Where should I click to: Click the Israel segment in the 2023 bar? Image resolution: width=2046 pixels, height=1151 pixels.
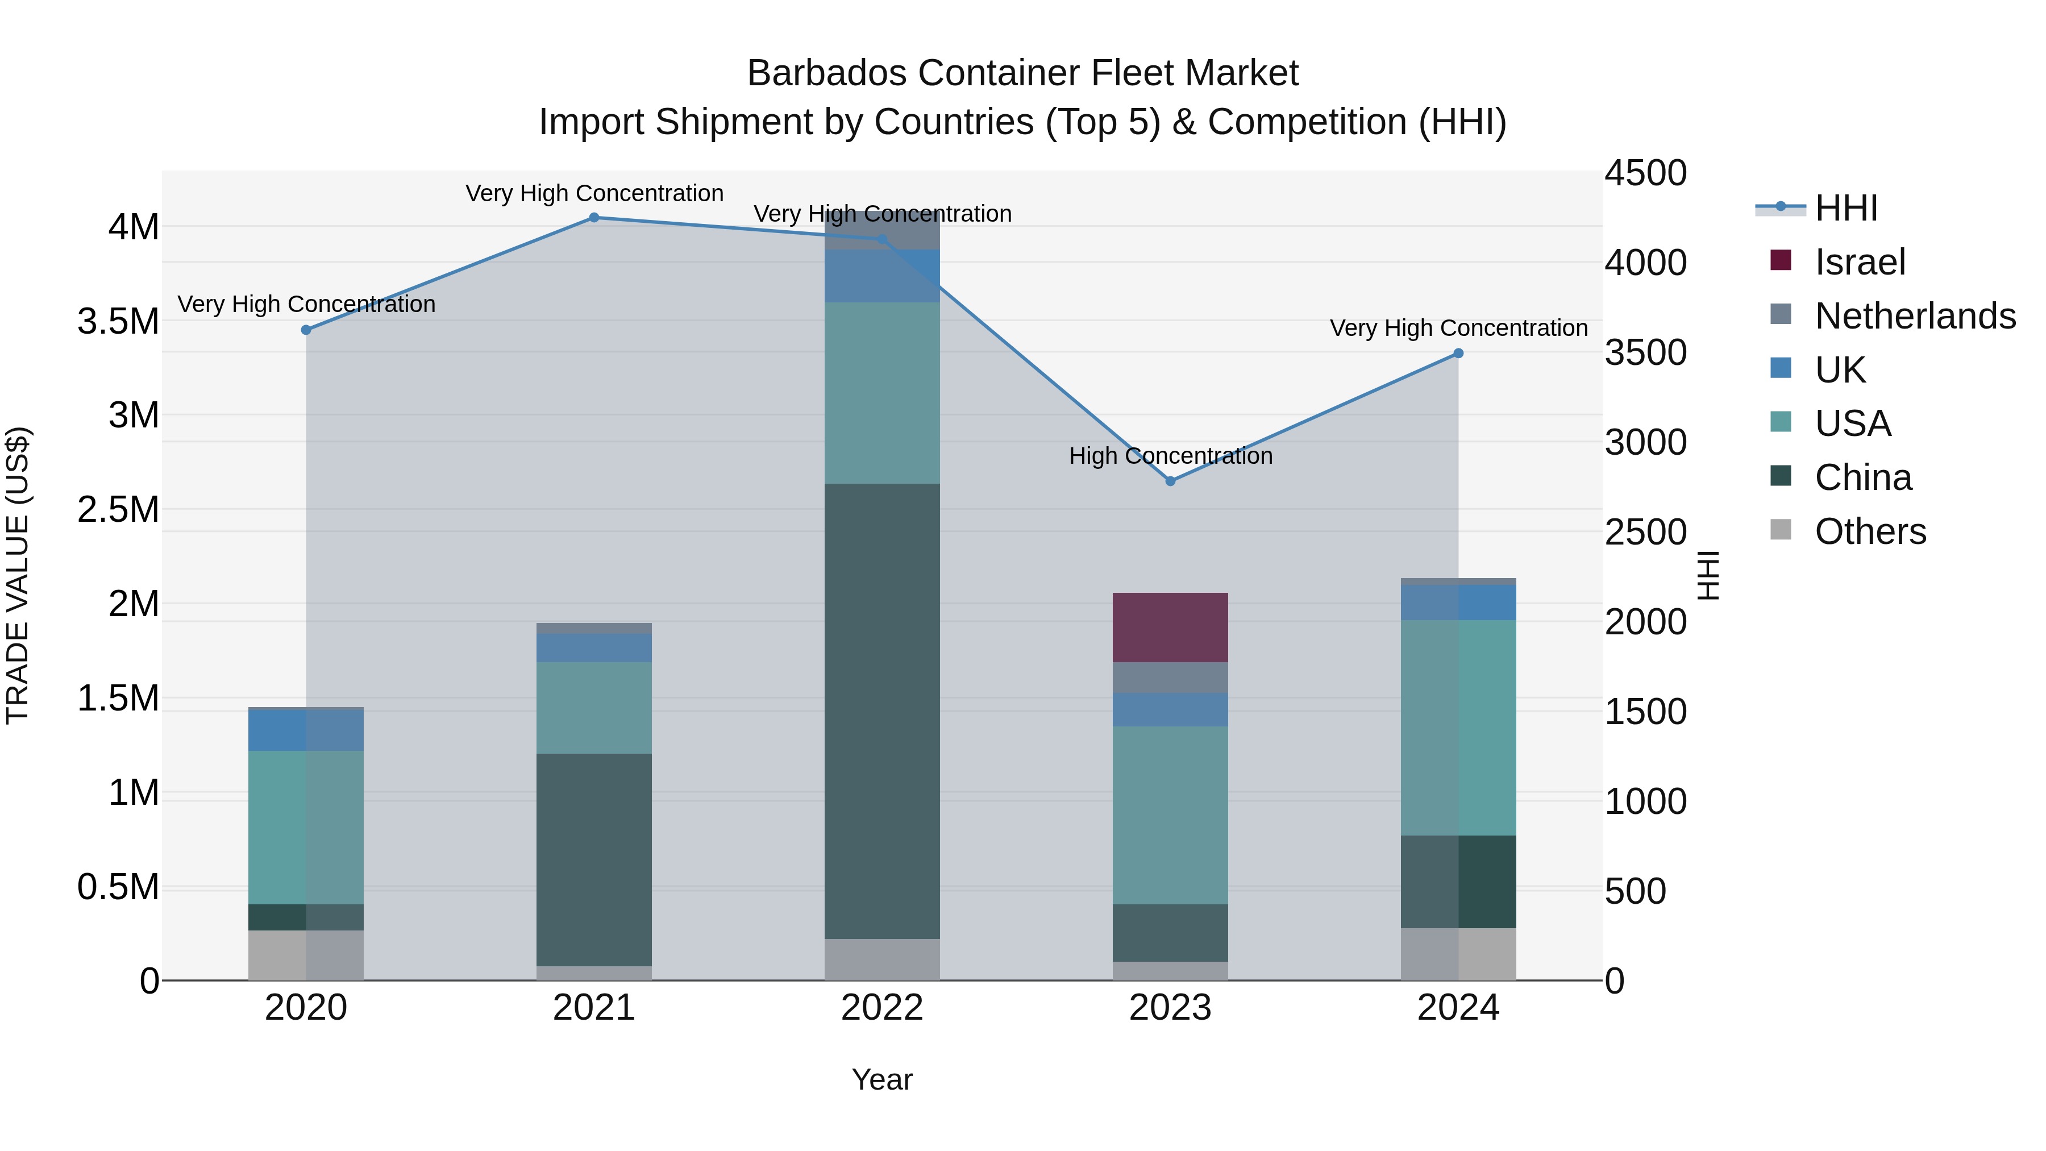pyautogui.click(x=1170, y=627)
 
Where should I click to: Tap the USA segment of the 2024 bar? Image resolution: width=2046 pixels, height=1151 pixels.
pyautogui.click(x=1458, y=727)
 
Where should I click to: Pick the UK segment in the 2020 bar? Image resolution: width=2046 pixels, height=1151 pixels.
pyautogui.click(x=306, y=730)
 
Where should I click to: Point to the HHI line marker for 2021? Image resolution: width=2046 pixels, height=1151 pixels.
pyautogui.click(x=594, y=218)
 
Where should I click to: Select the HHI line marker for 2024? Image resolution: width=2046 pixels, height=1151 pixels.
pyautogui.click(x=1458, y=354)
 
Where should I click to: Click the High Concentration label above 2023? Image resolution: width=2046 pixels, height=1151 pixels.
pyautogui.click(x=1170, y=456)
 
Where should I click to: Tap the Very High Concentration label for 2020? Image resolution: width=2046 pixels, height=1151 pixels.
pyautogui.click(x=306, y=304)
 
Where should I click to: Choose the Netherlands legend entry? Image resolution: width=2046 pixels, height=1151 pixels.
pyautogui.click(x=1914, y=316)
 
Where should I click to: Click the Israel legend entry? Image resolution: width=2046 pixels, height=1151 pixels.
pyautogui.click(x=1860, y=262)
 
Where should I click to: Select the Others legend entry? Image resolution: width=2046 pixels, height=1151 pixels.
pyautogui.click(x=1870, y=531)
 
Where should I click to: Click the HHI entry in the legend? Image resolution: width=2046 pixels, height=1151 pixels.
pyautogui.click(x=1846, y=208)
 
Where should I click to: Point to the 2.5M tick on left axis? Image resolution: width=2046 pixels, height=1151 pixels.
pyautogui.click(x=118, y=509)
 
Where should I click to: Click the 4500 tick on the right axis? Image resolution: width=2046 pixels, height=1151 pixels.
pyautogui.click(x=1646, y=173)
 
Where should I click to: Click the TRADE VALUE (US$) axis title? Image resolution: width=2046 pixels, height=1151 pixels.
pyautogui.click(x=18, y=575)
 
